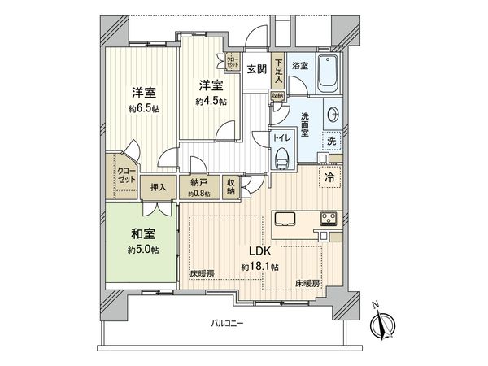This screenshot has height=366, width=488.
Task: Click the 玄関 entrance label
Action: (x=257, y=69)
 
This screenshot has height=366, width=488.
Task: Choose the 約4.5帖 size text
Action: (x=211, y=101)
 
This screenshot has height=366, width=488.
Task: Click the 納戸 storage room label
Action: (x=198, y=183)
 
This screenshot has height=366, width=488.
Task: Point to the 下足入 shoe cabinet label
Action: (x=278, y=71)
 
